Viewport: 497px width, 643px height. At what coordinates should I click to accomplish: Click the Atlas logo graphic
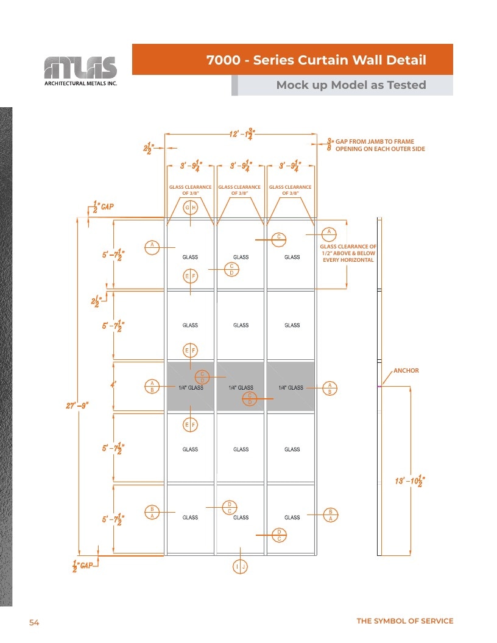[x=80, y=67]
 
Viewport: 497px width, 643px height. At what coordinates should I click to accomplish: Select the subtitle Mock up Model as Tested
[x=351, y=85]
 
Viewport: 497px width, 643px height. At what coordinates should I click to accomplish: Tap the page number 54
[x=34, y=622]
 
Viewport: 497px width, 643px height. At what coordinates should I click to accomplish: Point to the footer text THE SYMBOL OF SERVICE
[x=405, y=621]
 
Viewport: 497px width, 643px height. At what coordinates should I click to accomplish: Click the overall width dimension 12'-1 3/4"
[x=242, y=134]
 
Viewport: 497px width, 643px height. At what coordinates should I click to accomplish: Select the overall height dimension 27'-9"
[x=77, y=406]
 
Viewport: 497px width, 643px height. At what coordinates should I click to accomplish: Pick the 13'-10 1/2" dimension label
[x=410, y=480]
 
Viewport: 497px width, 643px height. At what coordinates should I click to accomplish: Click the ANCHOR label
[x=406, y=370]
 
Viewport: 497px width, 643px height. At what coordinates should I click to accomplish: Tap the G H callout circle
[x=190, y=208]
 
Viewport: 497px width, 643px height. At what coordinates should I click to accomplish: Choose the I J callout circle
[x=241, y=567]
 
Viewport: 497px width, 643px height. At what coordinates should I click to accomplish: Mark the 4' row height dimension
[x=113, y=385]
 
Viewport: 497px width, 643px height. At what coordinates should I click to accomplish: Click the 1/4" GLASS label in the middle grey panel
[x=241, y=387]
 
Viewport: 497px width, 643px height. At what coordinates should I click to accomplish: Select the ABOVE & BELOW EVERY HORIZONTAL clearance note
[x=348, y=256]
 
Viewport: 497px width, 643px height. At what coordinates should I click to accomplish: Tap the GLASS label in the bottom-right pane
[x=292, y=518]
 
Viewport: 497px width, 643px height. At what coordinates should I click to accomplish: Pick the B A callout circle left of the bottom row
[x=152, y=513]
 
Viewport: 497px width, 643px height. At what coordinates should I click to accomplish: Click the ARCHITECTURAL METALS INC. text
[x=81, y=83]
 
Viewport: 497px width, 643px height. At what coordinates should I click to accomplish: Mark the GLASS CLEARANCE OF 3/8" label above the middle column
[x=239, y=190]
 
